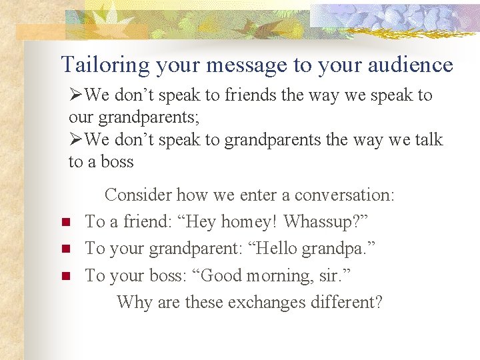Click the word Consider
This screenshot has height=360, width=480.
(138, 195)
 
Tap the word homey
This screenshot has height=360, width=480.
(247, 222)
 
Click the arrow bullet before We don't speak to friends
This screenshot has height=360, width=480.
(76, 96)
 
